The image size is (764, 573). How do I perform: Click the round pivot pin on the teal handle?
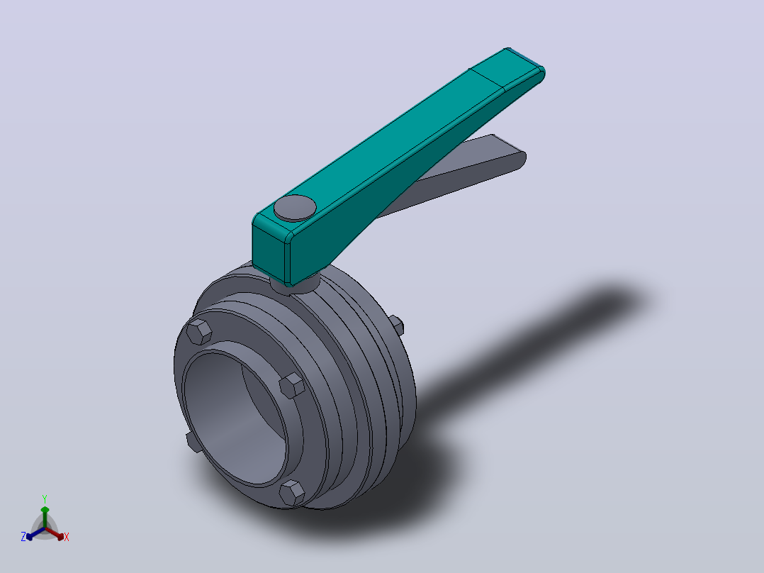click(x=295, y=208)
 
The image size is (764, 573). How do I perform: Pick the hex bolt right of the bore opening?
click(x=292, y=386)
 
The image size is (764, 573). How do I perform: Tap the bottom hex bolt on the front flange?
click(x=292, y=493)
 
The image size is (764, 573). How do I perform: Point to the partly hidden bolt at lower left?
click(x=193, y=442)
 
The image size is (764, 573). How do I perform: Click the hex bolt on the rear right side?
click(x=397, y=326)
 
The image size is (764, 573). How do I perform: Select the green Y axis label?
click(x=45, y=499)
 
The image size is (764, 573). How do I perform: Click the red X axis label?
click(x=67, y=537)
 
